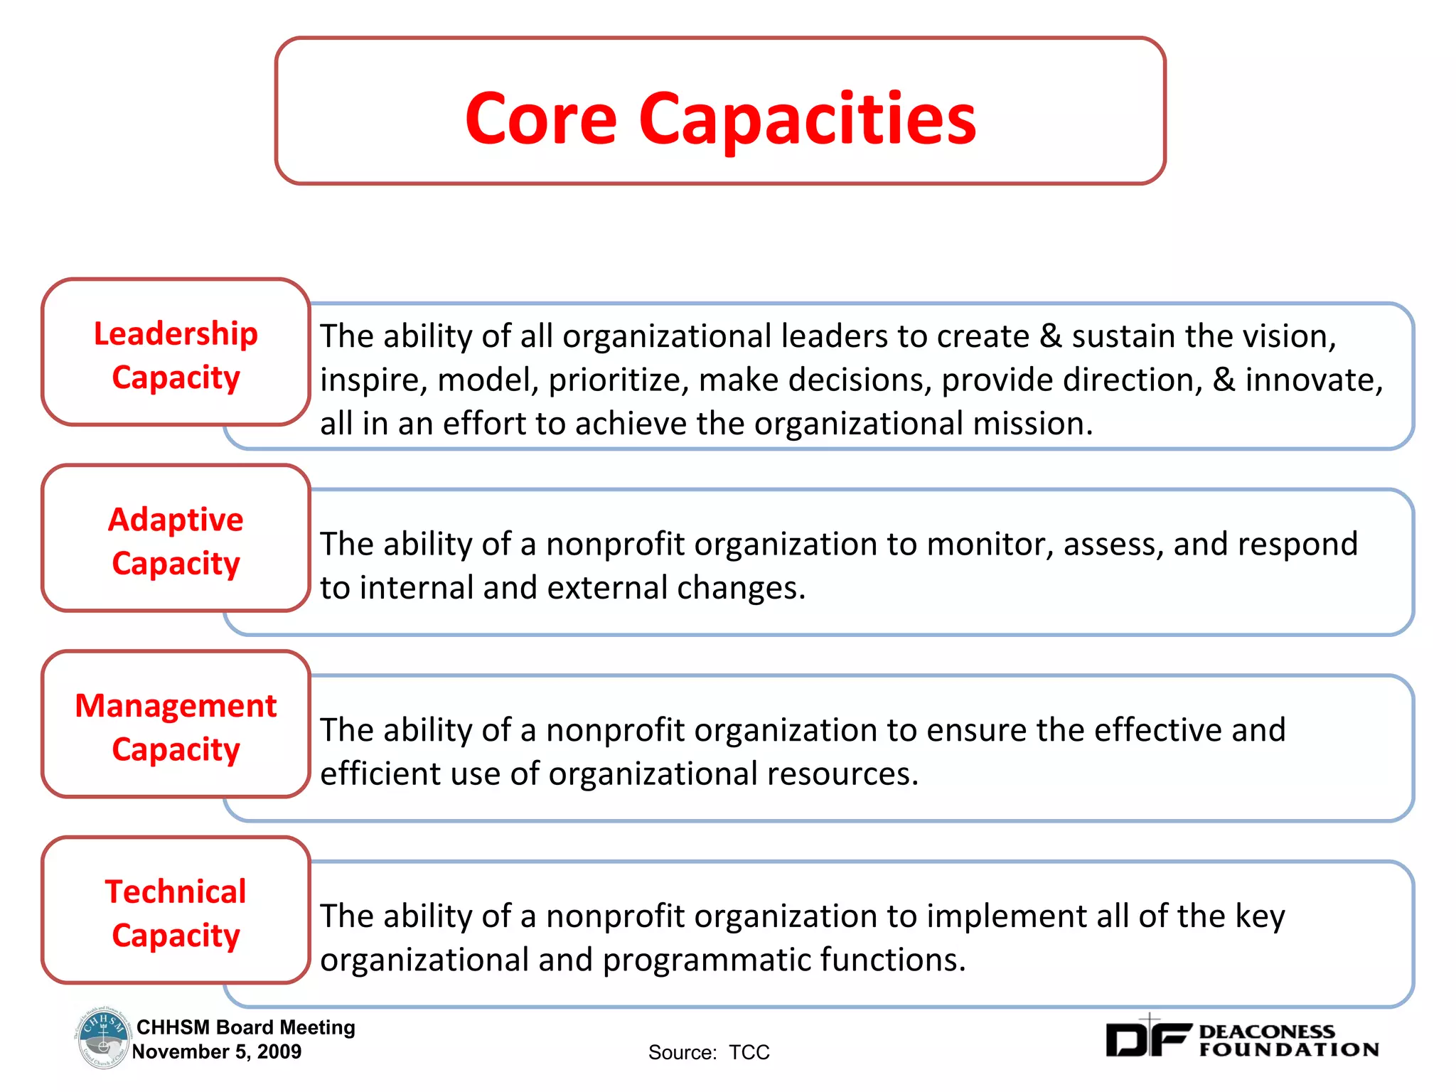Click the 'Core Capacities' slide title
click(720, 119)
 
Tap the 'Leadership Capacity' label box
click(176, 354)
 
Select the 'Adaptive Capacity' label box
click(176, 540)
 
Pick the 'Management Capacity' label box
click(176, 727)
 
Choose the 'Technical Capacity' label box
click(176, 913)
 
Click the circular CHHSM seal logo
click(102, 1038)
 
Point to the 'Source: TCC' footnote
click(709, 1052)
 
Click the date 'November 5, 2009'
click(217, 1051)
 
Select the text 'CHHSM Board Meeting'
click(245, 1027)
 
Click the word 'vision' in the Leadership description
click(1285, 336)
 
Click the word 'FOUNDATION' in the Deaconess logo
click(1288, 1050)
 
